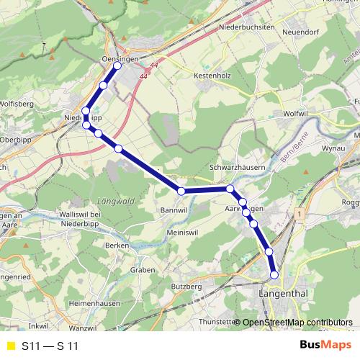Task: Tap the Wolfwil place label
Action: click(295, 113)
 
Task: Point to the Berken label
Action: click(116, 246)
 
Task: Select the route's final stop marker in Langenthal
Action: click(274, 274)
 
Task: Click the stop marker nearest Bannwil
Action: click(181, 191)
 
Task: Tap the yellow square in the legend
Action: click(10, 346)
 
